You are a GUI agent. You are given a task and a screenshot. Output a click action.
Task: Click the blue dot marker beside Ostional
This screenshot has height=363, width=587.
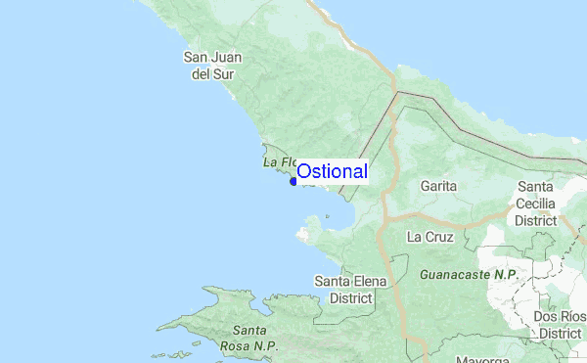(293, 181)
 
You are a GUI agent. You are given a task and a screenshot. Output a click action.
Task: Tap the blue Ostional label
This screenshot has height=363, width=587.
(332, 171)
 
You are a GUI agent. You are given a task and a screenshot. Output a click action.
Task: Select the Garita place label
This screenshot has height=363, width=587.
(438, 185)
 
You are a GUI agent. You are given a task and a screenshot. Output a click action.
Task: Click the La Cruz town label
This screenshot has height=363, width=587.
(429, 237)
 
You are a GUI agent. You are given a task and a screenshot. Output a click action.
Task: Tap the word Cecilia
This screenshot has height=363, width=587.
(537, 204)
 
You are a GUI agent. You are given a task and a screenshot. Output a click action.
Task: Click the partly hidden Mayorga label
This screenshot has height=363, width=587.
(480, 358)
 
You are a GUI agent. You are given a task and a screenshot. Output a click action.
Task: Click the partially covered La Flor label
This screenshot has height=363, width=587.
(279, 161)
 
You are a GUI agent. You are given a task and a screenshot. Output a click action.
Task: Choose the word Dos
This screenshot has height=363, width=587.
(545, 317)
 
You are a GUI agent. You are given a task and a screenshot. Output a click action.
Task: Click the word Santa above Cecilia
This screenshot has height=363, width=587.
(537, 187)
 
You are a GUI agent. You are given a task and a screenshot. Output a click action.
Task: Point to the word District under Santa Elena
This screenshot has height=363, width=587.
(350, 297)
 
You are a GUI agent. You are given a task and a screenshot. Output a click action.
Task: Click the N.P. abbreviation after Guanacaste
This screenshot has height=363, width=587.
(504, 276)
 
